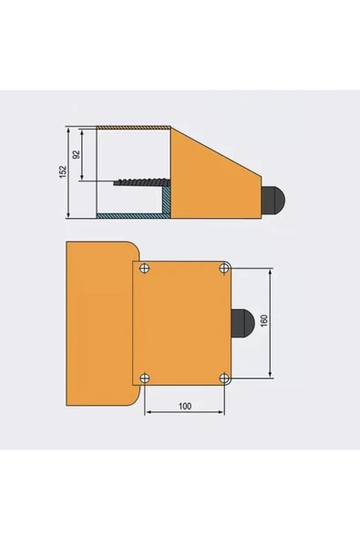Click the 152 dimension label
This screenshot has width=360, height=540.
click(x=63, y=171)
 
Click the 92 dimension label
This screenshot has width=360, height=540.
click(x=77, y=154)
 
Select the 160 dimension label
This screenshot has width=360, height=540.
click(x=264, y=321)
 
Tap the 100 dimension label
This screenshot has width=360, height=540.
click(x=185, y=406)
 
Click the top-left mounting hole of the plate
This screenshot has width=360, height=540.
click(x=145, y=268)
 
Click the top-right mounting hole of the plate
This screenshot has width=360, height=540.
click(x=225, y=268)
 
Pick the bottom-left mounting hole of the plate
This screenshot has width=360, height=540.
click(x=145, y=379)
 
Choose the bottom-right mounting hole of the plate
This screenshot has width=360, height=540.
click(x=225, y=379)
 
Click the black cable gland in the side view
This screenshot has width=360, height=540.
click(x=273, y=201)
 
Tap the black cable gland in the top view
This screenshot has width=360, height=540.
click(x=242, y=323)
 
